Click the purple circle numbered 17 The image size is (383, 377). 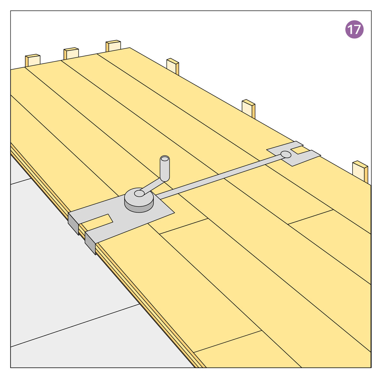354,29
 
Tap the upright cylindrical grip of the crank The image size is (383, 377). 165,169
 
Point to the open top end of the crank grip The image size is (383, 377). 165,159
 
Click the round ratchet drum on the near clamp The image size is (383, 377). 139,200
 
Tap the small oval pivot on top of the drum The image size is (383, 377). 139,194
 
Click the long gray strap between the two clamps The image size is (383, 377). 219,177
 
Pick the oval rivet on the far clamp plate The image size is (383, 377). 286,154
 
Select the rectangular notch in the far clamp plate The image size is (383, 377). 301,150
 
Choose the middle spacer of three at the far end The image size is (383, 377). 71,54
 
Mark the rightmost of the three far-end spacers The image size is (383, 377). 113,46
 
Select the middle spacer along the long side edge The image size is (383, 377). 248,109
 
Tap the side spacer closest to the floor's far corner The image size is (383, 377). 173,66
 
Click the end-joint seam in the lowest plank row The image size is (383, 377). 227,342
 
